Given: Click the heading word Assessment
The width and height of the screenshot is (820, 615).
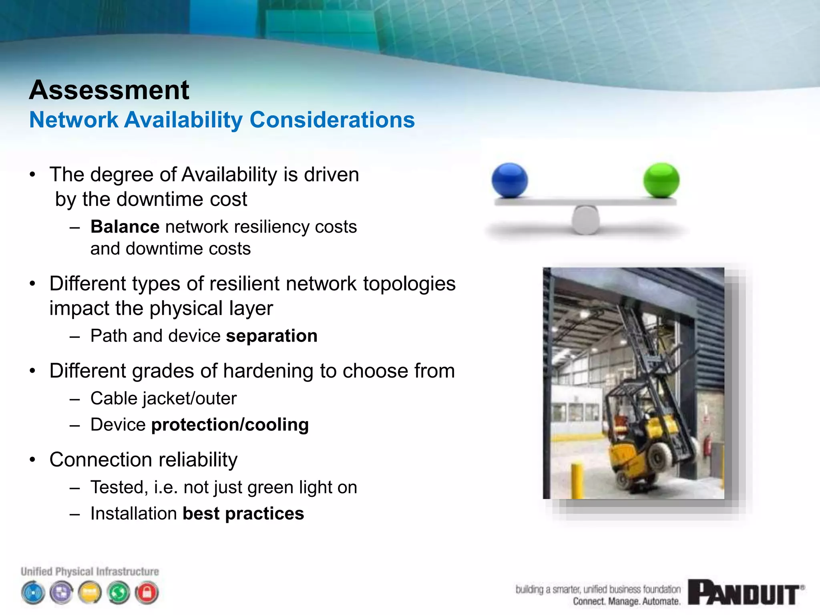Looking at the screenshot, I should (x=109, y=90).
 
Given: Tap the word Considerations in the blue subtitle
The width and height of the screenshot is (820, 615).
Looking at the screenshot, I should (x=332, y=120).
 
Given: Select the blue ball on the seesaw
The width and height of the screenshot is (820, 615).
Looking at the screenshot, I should (x=509, y=180).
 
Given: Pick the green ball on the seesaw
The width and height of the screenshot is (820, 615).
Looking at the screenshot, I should (x=661, y=180).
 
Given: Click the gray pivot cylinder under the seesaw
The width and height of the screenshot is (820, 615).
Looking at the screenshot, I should (x=585, y=220).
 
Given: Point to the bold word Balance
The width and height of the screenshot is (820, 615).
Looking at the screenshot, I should (x=125, y=227).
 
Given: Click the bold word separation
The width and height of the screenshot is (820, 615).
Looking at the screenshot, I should (x=271, y=336).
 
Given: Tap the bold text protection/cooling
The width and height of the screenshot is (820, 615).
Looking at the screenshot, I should (x=230, y=425).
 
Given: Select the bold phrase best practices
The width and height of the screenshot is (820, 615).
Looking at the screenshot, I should (x=243, y=514).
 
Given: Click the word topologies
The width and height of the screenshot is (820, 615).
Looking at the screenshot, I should (x=409, y=284).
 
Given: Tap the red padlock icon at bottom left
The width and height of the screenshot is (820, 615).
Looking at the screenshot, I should (x=147, y=593).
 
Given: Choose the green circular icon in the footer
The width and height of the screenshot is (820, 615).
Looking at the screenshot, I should (x=119, y=593).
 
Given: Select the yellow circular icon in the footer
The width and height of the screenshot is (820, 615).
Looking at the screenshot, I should (x=90, y=593).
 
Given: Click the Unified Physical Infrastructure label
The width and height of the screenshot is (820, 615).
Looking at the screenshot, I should (x=90, y=571).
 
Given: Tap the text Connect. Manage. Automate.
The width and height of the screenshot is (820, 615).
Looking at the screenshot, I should (x=626, y=601).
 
